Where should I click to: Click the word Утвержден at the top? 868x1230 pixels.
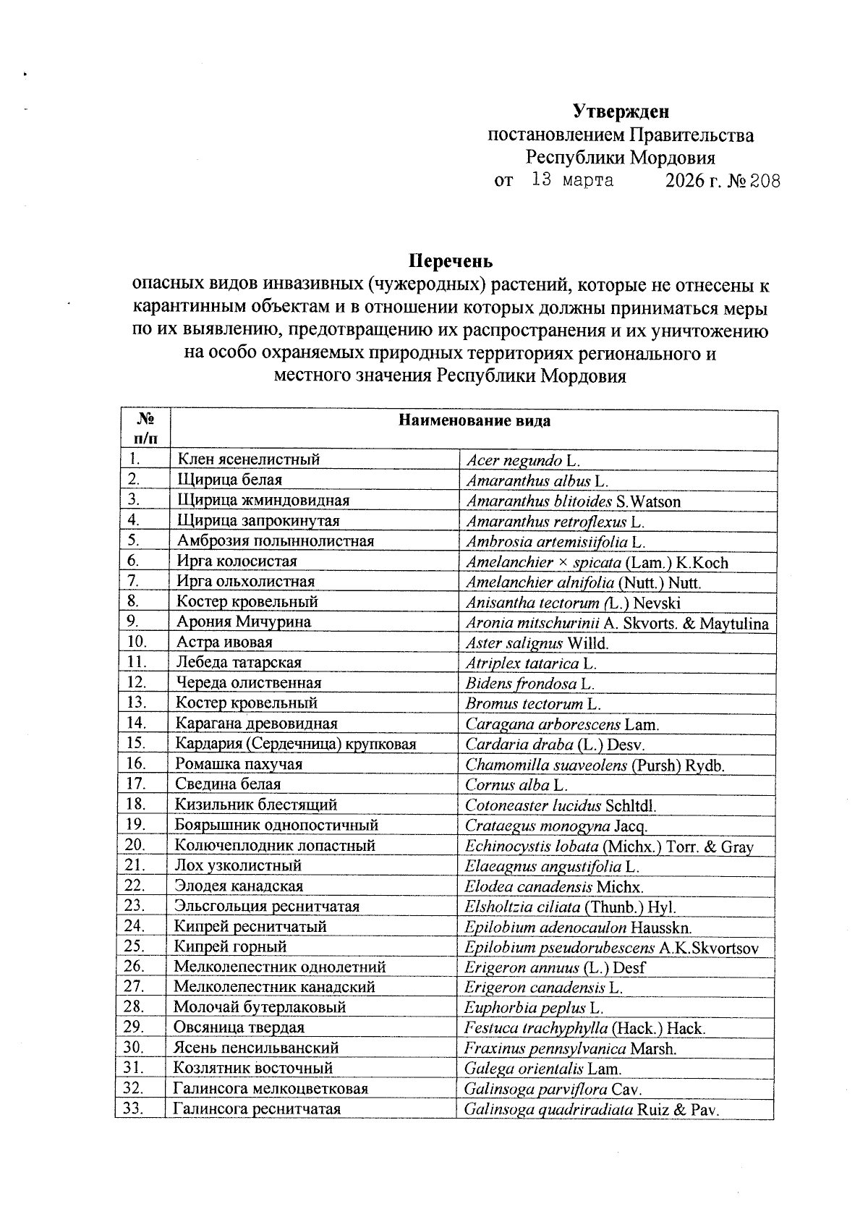point(621,111)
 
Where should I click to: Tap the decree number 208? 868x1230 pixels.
point(765,181)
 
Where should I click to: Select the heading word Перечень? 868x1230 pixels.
point(451,260)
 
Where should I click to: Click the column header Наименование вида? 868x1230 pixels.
point(475,421)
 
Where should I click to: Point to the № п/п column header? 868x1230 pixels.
point(144,428)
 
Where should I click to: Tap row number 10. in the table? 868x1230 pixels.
point(137,642)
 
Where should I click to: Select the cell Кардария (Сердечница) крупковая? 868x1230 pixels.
point(295,744)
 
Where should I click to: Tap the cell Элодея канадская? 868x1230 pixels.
point(239,886)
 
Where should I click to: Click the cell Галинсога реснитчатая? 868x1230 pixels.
point(257,1109)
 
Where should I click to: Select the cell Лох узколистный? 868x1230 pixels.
point(238,866)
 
